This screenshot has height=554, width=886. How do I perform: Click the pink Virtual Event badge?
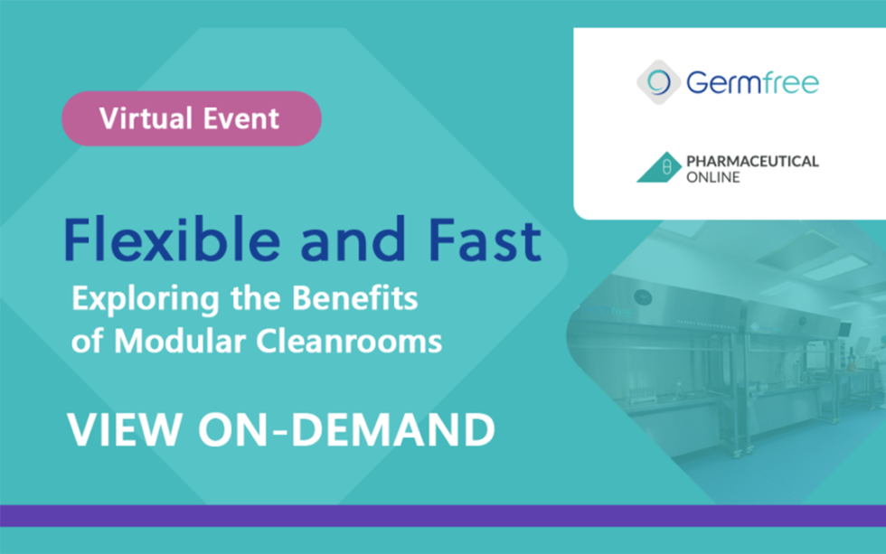(x=191, y=118)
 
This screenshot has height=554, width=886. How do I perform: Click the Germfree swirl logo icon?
(x=657, y=83)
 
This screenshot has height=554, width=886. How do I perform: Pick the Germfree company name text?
(x=751, y=84)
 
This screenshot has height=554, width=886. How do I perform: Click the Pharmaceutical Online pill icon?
(x=659, y=168)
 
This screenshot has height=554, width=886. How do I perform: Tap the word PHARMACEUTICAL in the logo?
(x=752, y=162)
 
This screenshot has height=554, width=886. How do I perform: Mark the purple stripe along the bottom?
(x=443, y=515)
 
